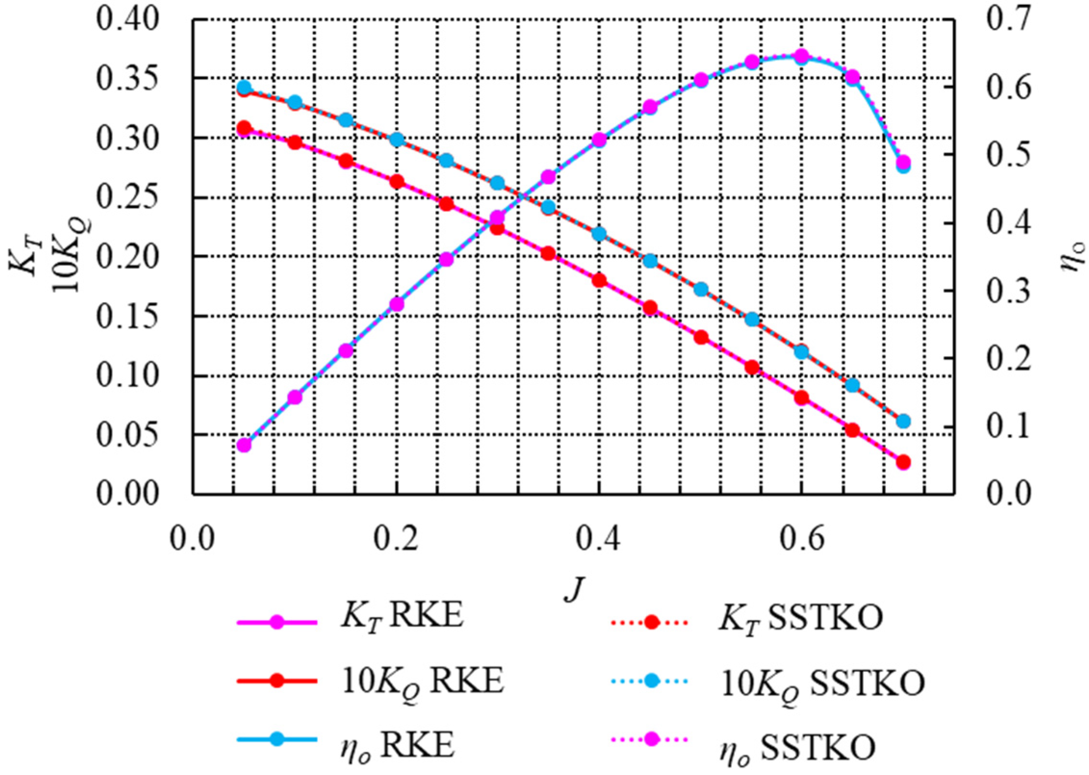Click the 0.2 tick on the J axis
click(x=396, y=539)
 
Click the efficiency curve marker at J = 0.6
click(x=801, y=57)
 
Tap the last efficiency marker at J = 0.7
click(x=903, y=163)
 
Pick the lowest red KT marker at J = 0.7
click(x=903, y=462)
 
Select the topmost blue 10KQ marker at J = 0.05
click(x=244, y=88)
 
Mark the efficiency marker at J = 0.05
click(x=244, y=445)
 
